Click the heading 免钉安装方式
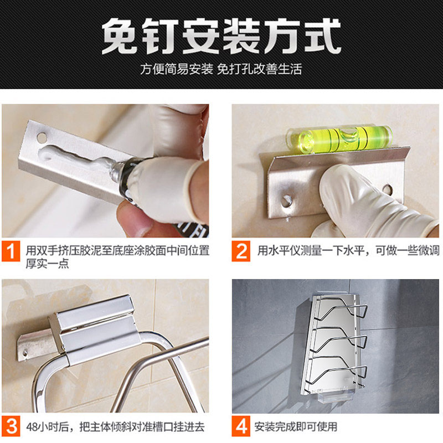(221, 37)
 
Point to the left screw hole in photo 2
(287, 197)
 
